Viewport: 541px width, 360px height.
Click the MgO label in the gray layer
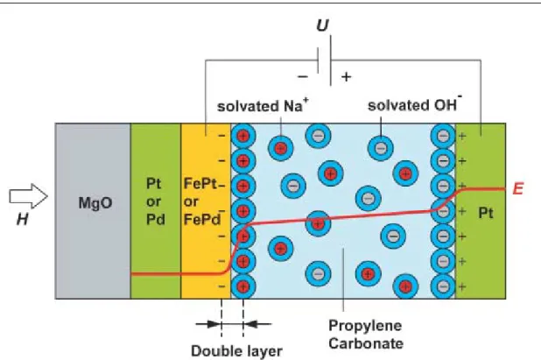coord(95,203)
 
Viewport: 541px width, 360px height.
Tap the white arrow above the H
coord(28,196)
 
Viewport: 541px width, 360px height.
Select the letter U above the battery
coord(323,25)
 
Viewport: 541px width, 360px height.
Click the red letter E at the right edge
coord(518,189)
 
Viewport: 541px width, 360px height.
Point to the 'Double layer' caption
coord(236,351)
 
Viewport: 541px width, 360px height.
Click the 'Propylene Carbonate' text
coord(366,335)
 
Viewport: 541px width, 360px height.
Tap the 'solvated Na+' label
coord(263,105)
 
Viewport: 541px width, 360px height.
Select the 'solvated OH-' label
coord(415,104)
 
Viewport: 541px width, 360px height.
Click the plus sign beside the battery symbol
coord(346,76)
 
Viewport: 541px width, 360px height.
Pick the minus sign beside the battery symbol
coord(303,76)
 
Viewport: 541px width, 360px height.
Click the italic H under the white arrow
coord(23,219)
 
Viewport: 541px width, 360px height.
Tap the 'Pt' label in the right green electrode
coord(486,214)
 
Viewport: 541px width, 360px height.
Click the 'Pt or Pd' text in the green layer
coord(154,201)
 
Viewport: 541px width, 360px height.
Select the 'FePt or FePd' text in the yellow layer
coord(201,201)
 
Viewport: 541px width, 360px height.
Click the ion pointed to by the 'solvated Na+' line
coord(281,148)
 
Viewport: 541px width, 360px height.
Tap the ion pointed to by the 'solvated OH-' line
coord(381,148)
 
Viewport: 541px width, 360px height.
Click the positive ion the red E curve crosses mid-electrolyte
coord(318,223)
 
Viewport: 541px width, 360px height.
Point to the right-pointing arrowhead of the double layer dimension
coord(214,324)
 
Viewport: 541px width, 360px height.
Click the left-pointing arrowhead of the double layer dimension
coord(251,324)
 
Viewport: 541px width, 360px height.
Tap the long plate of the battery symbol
coord(331,60)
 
